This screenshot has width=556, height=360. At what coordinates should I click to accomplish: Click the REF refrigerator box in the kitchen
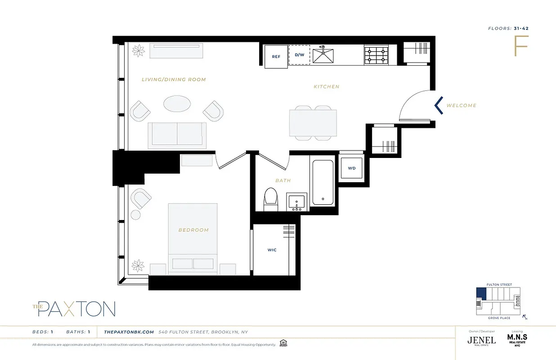coord(276,57)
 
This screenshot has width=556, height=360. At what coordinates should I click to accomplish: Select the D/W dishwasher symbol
coord(300,55)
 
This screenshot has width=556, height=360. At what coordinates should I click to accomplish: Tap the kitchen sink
coord(324,54)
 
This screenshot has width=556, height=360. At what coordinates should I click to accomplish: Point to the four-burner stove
coord(376,54)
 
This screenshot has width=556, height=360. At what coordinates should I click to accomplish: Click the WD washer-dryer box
coord(352,168)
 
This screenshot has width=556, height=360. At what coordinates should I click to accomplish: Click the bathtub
coord(323,182)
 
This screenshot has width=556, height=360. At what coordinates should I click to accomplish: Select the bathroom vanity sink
coord(297,202)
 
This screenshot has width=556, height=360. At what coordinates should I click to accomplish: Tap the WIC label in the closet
coord(272,250)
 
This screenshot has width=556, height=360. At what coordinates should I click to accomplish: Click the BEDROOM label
coord(193,230)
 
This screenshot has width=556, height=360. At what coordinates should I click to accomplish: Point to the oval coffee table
coord(176,104)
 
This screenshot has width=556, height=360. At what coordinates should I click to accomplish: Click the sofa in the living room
coord(177,135)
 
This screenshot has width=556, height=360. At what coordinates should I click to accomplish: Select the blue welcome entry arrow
coord(438,105)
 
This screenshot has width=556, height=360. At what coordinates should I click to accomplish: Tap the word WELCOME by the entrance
coord(461,106)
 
